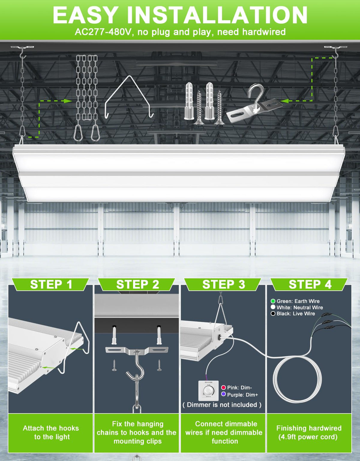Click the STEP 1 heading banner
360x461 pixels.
click(x=51, y=284)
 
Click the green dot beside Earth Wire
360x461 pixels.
click(x=273, y=301)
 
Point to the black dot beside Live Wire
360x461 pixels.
click(x=273, y=314)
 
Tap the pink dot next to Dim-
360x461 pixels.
click(x=223, y=387)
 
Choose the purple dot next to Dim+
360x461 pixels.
click(x=223, y=394)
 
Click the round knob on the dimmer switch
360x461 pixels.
click(x=208, y=390)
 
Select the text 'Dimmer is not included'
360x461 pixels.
click(x=222, y=405)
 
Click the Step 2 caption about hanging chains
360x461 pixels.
click(x=136, y=432)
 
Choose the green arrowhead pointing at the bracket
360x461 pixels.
click(x=284, y=101)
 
